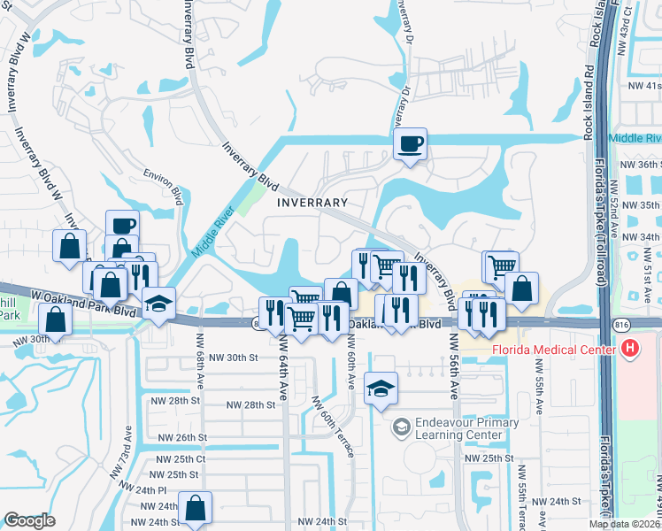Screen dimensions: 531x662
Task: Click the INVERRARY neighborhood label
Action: (312, 203)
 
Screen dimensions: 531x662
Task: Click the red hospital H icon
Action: (630, 349)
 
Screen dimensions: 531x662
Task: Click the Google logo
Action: (29, 520)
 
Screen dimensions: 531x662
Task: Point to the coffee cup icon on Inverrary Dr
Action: (410, 143)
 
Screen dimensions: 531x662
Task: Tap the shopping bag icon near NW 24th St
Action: (195, 508)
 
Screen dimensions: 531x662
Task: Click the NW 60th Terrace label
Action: (333, 425)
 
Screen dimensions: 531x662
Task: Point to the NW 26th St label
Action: (181, 437)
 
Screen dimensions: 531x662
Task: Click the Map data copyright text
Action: (623, 524)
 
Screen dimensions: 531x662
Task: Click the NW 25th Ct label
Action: (181, 459)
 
